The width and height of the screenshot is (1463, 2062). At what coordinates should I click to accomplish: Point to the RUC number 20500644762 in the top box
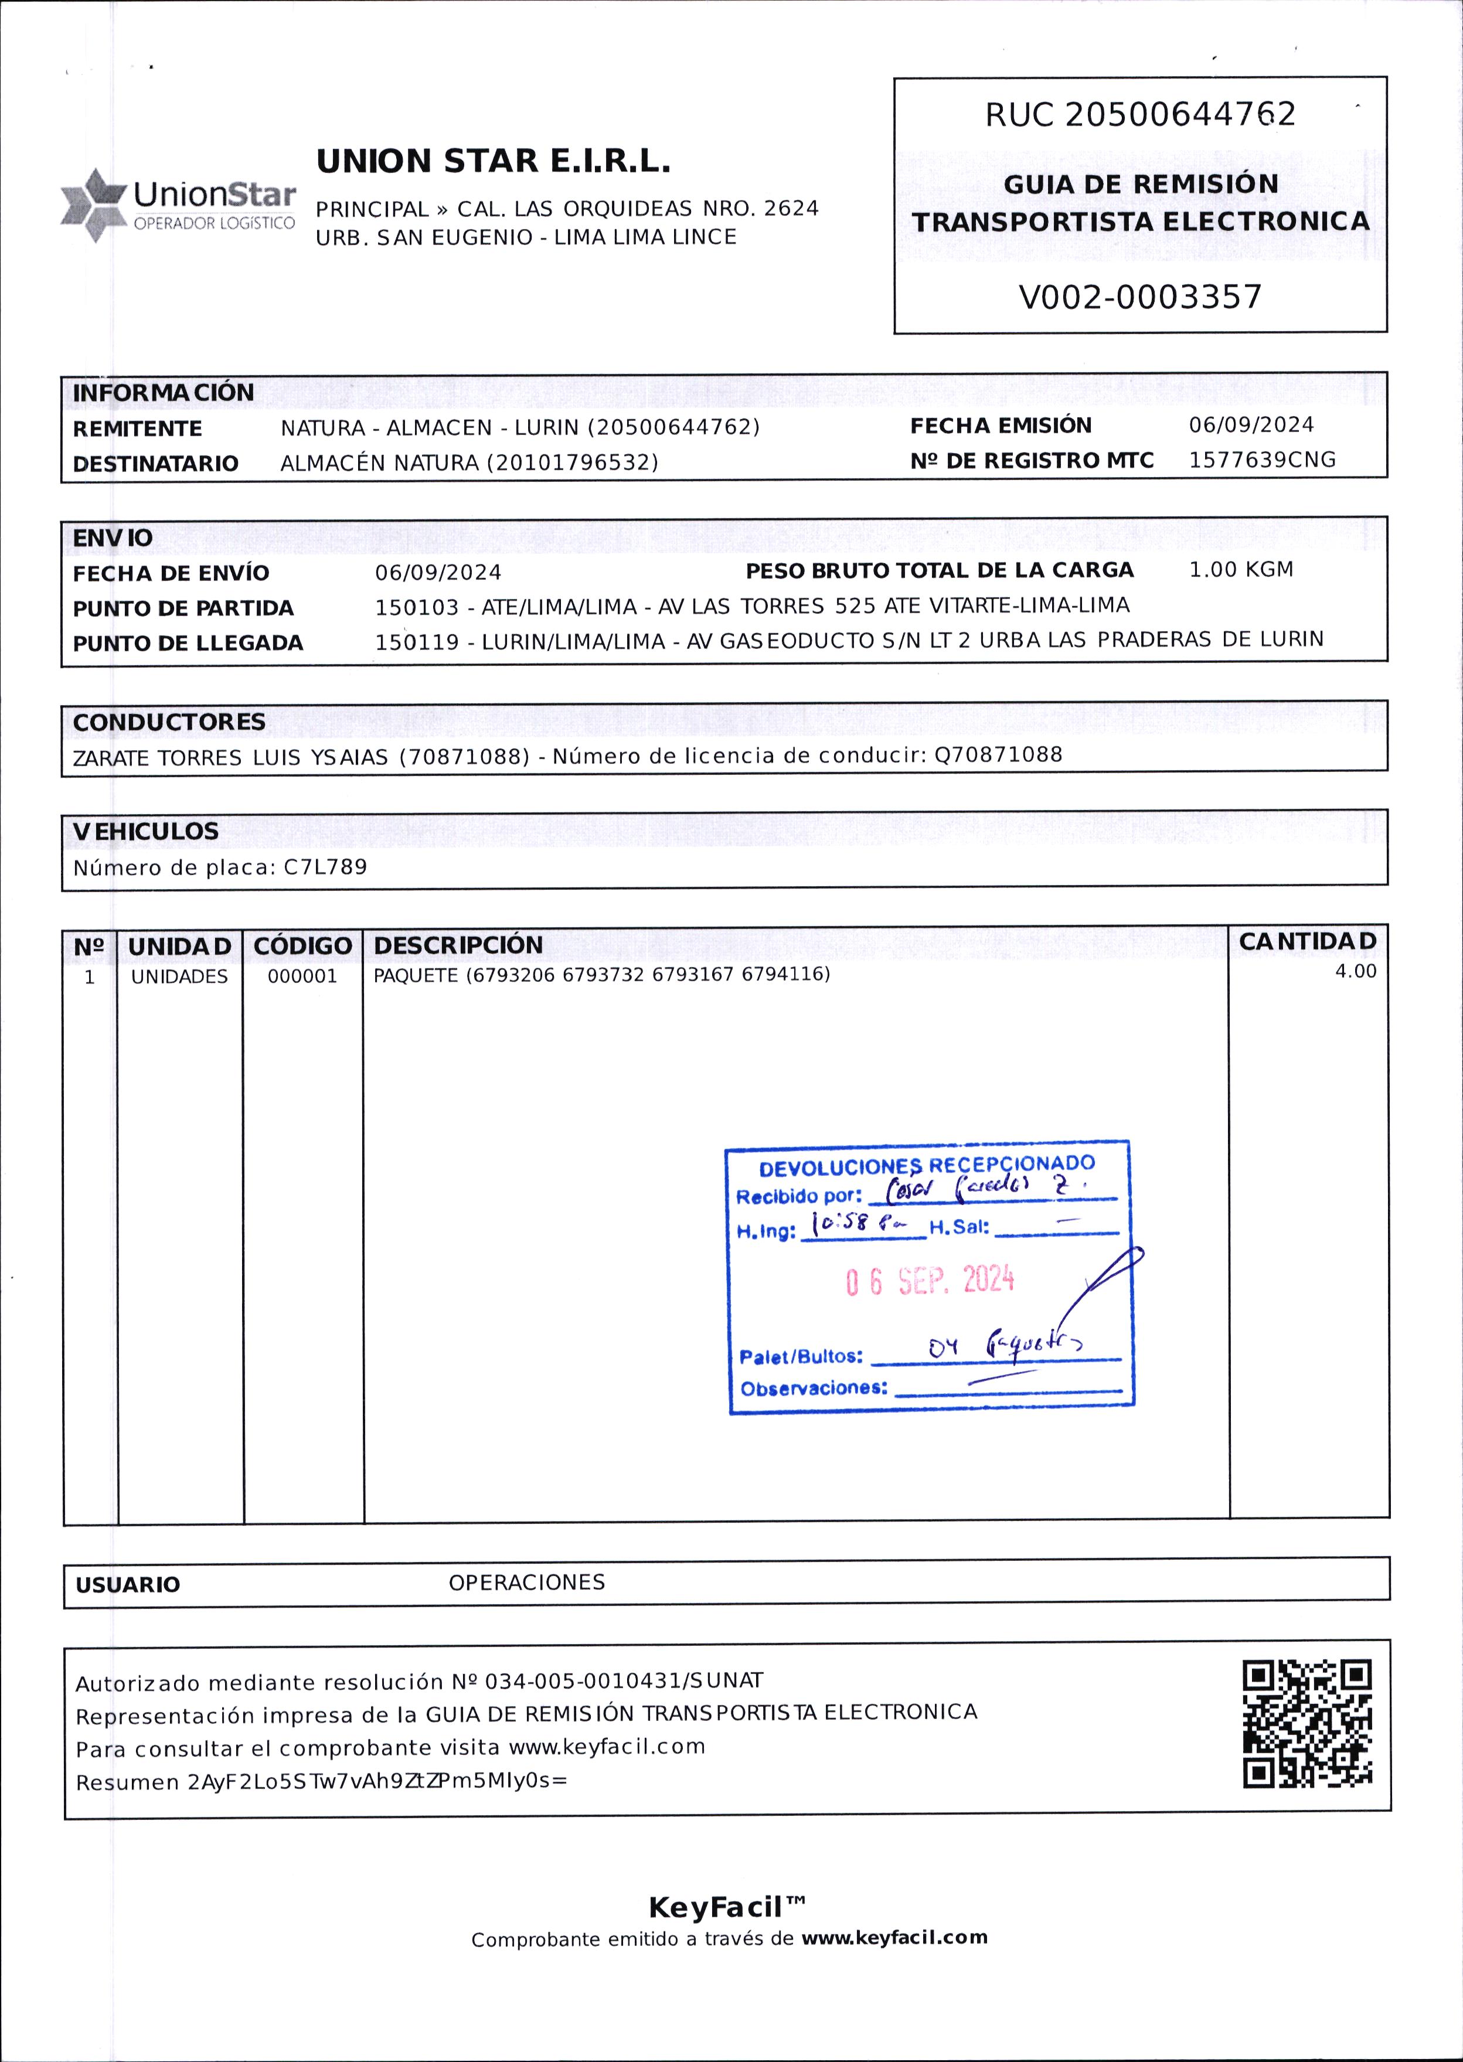[x=1180, y=114]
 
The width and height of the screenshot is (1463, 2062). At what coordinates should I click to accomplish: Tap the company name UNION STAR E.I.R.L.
[x=493, y=161]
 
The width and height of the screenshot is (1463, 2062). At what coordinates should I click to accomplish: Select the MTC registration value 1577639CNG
[x=1261, y=460]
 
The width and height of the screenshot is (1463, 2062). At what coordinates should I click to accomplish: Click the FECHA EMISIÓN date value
[x=1250, y=424]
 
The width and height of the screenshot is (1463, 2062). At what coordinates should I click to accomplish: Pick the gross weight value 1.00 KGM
[x=1240, y=569]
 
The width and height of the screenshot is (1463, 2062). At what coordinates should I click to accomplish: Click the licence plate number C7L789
[x=325, y=867]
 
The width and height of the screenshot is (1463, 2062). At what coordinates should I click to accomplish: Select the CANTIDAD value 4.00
[x=1355, y=971]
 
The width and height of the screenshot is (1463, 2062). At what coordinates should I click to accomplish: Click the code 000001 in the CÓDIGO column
[x=302, y=976]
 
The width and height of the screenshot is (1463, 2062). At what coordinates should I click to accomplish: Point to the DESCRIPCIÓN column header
[x=458, y=945]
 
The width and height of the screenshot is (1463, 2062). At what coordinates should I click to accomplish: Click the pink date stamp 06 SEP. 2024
[x=929, y=1280]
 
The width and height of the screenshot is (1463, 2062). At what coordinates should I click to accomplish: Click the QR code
[x=1307, y=1724]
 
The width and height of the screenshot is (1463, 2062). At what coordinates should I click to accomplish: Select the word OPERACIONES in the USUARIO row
[x=526, y=1582]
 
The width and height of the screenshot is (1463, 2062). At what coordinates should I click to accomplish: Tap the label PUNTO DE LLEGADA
[x=188, y=643]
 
